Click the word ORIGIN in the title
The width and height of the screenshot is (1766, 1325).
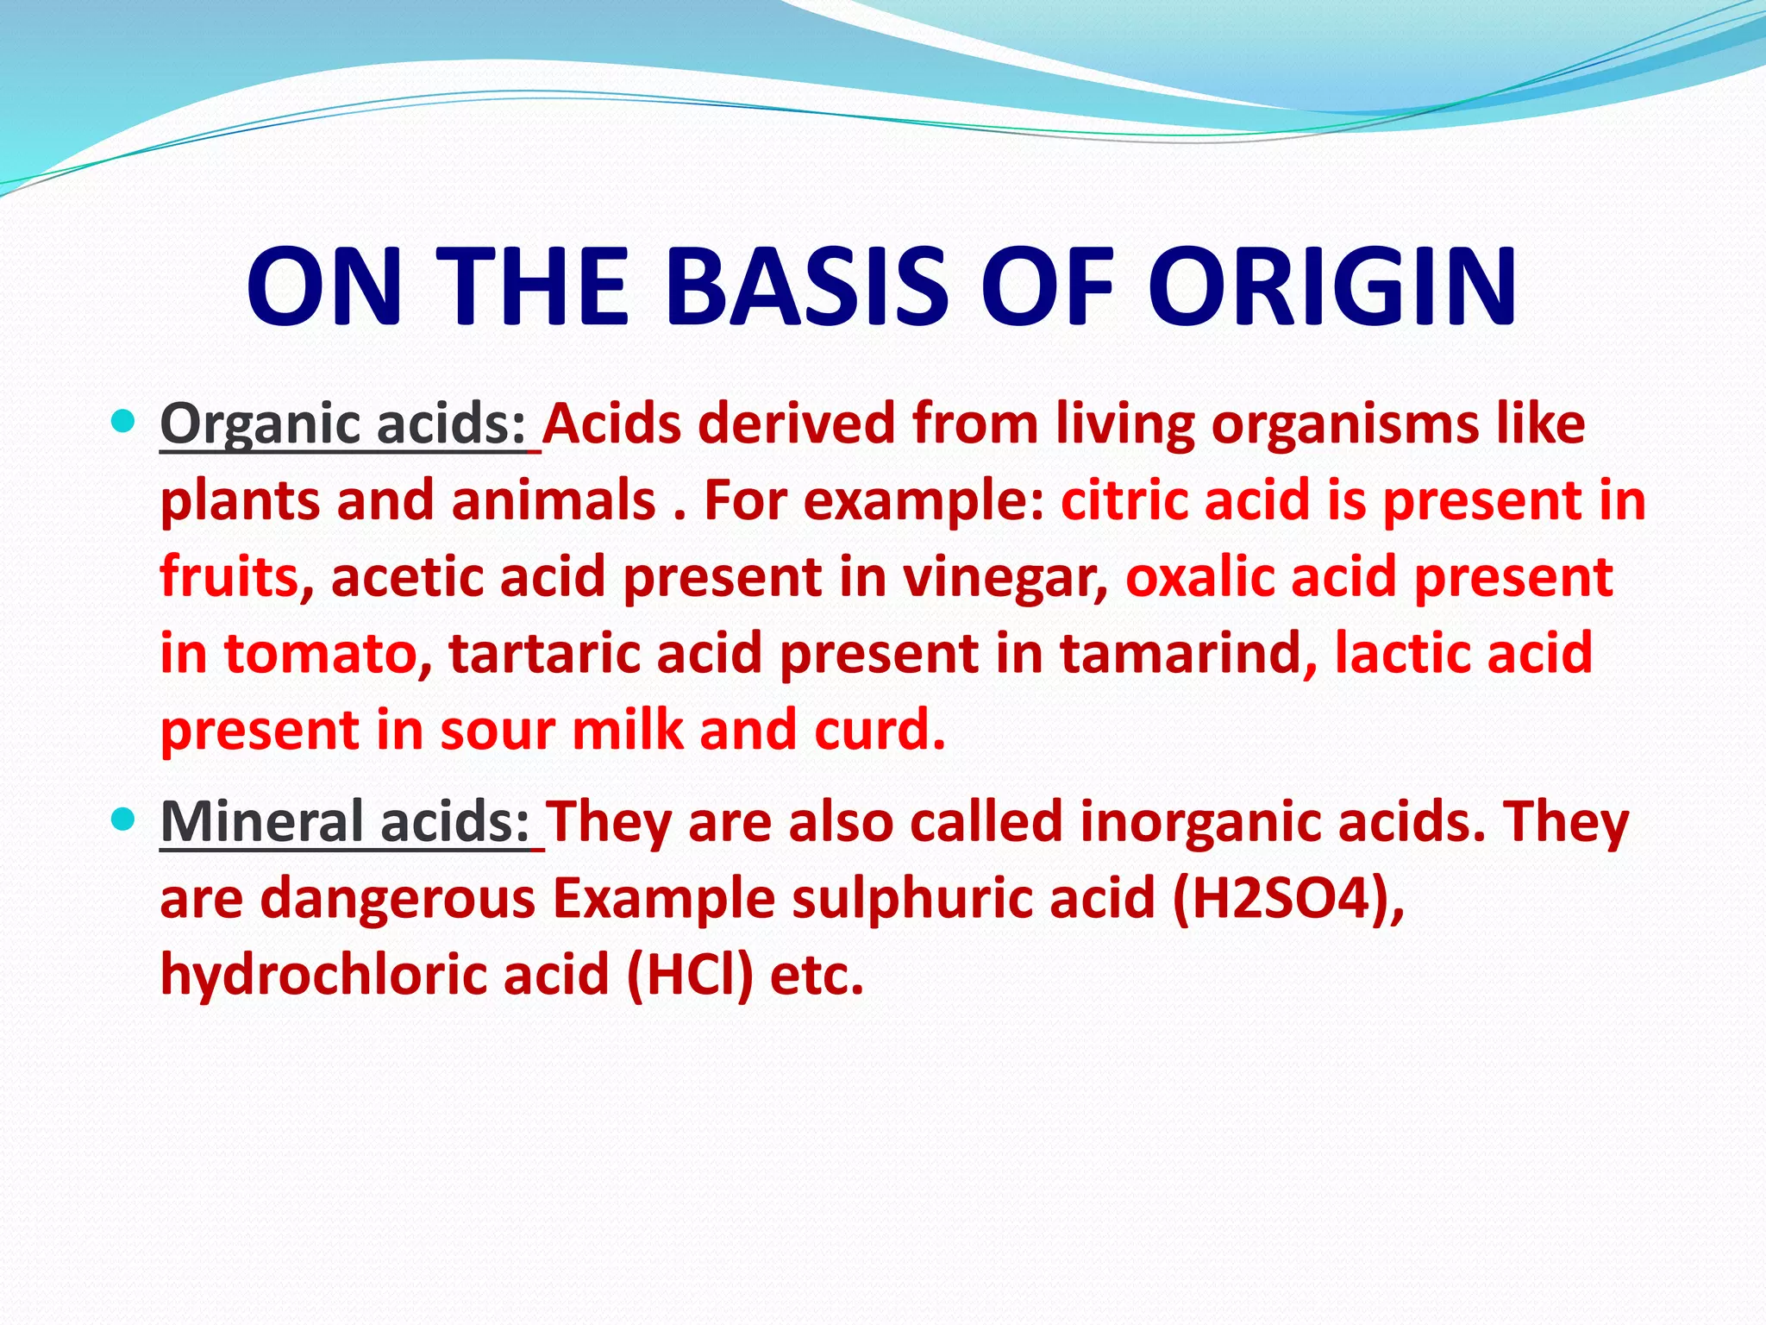coord(1331,286)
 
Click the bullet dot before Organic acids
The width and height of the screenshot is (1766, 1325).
coord(124,422)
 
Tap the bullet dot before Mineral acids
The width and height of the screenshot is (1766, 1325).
coord(124,819)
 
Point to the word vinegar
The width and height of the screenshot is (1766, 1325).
coord(1005,577)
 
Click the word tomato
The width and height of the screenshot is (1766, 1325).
coord(329,653)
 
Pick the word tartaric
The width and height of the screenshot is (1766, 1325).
coord(543,653)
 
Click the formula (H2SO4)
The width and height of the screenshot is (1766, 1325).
coord(1288,898)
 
